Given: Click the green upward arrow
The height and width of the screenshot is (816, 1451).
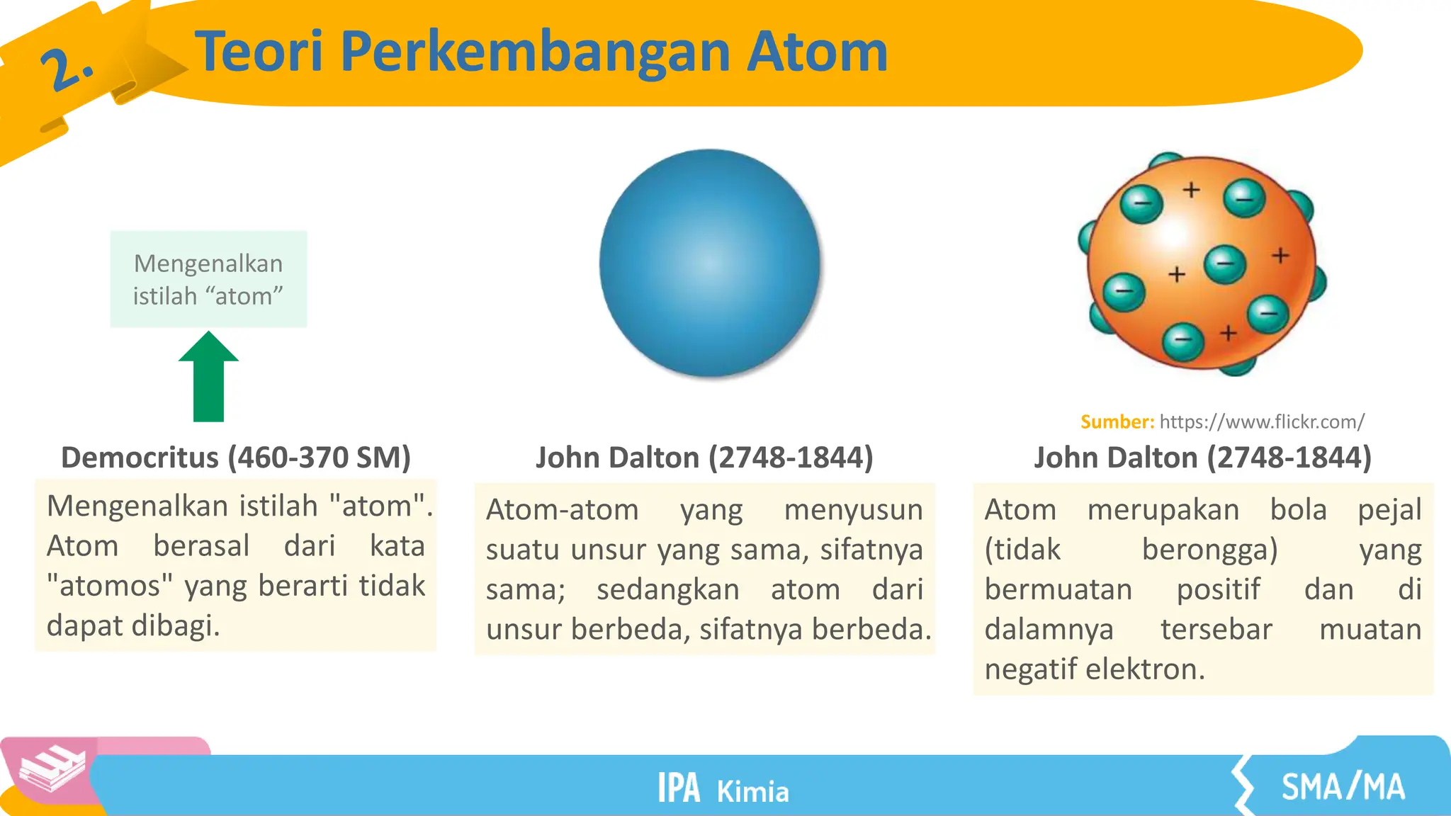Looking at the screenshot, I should (x=208, y=379).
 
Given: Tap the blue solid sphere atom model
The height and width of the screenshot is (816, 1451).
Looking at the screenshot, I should (x=710, y=263).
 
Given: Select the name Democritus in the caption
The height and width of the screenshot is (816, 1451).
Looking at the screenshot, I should (x=140, y=458).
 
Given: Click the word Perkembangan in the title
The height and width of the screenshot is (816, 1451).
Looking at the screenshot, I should (x=536, y=52).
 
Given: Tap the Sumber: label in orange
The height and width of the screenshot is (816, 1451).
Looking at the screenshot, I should (x=1117, y=422).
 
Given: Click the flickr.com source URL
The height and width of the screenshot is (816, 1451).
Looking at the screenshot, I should (x=1262, y=422).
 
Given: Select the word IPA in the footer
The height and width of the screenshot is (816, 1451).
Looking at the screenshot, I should (x=678, y=788).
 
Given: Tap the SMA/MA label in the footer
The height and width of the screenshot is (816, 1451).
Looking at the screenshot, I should (x=1343, y=787).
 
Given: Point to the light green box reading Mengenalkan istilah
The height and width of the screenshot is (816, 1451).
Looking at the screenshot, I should (x=208, y=279).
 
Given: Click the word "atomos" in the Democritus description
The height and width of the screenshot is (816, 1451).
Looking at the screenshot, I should (x=110, y=586).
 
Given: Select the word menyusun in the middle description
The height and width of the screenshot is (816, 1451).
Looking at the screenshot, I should (x=853, y=510).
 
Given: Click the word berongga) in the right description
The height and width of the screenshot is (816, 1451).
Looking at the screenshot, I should (x=1209, y=550).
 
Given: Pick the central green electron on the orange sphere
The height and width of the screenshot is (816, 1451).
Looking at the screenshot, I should (x=1224, y=264).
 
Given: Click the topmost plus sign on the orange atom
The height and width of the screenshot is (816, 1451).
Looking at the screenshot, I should (x=1192, y=190).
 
